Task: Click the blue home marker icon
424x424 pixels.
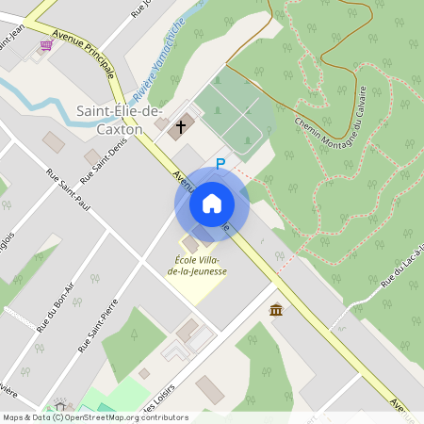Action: (211, 203)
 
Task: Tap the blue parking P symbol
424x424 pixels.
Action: (220, 163)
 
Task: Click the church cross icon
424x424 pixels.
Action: (180, 124)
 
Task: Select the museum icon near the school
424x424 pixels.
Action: (276, 310)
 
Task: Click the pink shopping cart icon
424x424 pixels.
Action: (45, 44)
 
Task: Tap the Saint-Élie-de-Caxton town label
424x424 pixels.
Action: (109, 120)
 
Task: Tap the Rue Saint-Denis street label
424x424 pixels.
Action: (104, 161)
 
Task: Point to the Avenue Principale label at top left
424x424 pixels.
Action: (85, 52)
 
